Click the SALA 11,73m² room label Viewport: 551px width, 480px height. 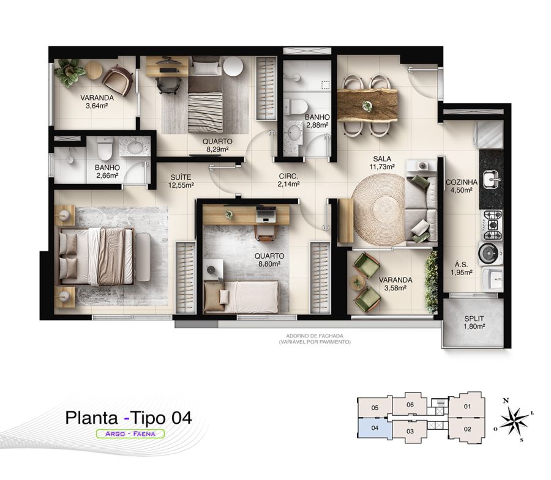[382, 163]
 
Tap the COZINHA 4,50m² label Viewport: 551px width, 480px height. [462, 186]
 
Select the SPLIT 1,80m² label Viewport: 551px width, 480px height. [474, 322]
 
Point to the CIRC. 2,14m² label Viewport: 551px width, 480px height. [288, 180]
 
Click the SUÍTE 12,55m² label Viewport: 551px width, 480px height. [181, 181]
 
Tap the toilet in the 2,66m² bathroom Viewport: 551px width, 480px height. [105, 148]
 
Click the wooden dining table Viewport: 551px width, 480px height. [367, 105]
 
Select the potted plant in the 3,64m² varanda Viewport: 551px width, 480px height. [69, 72]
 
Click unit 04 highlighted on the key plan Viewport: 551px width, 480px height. [375, 428]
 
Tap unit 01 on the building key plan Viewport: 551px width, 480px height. [467, 407]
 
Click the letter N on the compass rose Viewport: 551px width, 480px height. [506, 401]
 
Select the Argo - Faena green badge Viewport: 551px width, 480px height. [130, 434]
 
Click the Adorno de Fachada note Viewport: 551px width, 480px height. [315, 339]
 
